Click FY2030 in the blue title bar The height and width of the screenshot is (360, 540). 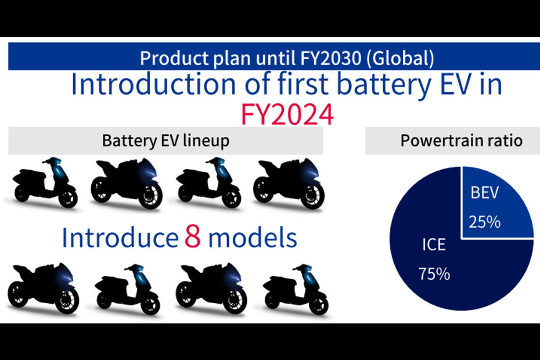coord(330,58)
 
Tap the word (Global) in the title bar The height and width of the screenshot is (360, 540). coord(400,58)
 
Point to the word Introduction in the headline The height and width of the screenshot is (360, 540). coord(153,84)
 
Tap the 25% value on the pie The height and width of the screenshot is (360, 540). coord(484,222)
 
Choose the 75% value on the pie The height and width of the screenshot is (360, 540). coord(434,274)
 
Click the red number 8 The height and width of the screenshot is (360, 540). coord(193,237)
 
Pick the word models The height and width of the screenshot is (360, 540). coord(253,237)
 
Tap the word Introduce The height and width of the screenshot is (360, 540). coord(120,237)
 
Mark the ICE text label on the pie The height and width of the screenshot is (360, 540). coord(434,244)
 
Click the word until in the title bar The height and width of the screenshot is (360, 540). coord(276,58)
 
